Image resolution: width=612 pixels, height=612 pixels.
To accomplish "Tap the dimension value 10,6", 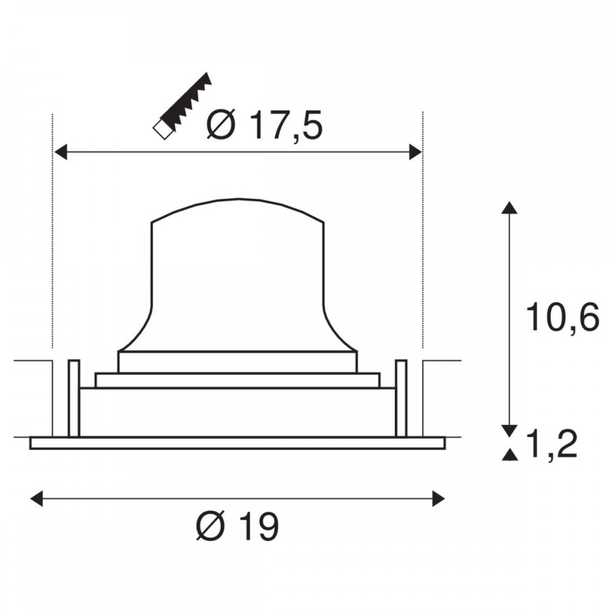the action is [x=562, y=317].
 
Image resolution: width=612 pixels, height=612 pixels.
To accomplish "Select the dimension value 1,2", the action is [x=551, y=445].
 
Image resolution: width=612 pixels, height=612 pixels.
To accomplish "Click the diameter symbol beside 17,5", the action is [x=222, y=124].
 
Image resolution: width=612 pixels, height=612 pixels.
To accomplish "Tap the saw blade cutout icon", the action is [x=182, y=105].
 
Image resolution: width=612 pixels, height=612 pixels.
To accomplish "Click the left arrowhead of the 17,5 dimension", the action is [x=61, y=152].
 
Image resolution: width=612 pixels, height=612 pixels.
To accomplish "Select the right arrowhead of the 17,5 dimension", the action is [x=416, y=152].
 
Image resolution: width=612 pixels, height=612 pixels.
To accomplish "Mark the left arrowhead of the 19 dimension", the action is [x=37, y=498].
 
